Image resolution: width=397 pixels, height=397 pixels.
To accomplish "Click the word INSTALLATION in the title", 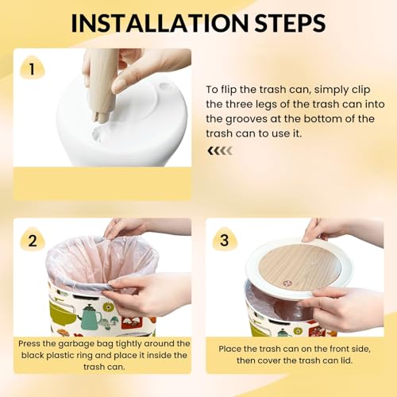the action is click(160, 23).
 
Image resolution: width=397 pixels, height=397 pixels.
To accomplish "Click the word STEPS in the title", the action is click(290, 23).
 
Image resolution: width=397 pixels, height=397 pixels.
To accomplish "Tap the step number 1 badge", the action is click(32, 68).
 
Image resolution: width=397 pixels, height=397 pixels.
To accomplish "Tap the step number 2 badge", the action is click(33, 241).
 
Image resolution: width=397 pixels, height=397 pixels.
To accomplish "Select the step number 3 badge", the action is click(225, 241).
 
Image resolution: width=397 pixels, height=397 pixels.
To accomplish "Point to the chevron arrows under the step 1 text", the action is click(220, 151).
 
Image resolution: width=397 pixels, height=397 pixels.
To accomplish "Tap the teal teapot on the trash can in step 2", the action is click(90, 316).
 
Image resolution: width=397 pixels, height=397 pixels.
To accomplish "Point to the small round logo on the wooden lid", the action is click(287, 283).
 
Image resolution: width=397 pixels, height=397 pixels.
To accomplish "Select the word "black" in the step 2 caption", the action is click(33, 355).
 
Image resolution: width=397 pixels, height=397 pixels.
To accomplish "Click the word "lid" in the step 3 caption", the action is click(346, 360).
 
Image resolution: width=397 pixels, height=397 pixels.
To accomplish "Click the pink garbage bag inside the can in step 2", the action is click(103, 262).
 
